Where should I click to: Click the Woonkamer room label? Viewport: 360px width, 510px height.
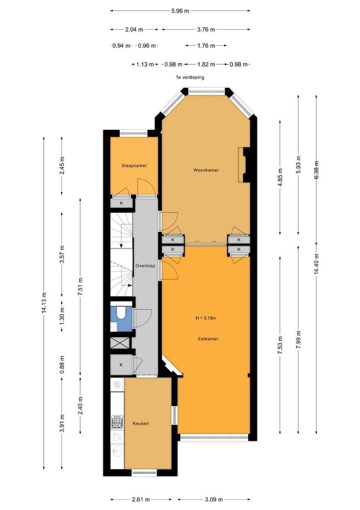[206, 170]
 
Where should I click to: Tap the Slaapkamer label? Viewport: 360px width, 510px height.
[134, 166]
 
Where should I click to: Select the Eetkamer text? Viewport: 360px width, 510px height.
[208, 339]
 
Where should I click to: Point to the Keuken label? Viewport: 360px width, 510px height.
[141, 423]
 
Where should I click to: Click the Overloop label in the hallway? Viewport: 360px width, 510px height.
[145, 266]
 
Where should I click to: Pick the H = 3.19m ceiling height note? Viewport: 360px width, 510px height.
[205, 318]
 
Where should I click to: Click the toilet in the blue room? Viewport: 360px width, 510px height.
[121, 313]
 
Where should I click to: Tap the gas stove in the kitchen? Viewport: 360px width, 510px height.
[117, 422]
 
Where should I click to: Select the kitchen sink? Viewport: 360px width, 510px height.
[117, 450]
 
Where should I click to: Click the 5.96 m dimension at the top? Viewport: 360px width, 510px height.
[180, 11]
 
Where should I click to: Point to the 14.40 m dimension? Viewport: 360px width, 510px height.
[317, 264]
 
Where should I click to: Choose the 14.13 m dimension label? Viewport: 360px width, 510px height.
[44, 303]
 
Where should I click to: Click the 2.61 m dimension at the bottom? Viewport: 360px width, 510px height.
[141, 499]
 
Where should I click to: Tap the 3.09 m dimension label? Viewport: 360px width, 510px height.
[214, 499]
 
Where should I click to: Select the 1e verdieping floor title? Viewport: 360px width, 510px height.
[190, 77]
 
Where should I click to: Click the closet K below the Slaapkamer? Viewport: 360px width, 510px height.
[122, 203]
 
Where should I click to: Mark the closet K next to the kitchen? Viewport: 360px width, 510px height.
[121, 365]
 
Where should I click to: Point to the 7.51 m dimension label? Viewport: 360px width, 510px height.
[80, 286]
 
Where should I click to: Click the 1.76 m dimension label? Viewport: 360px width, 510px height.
[206, 45]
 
